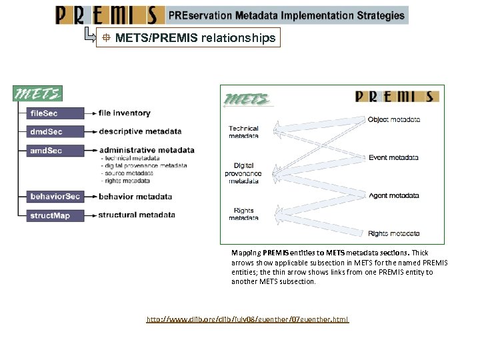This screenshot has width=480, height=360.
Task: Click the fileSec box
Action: (x=55, y=113)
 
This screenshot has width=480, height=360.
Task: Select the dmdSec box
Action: (x=55, y=131)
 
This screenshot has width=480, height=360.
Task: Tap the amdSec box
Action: (x=55, y=151)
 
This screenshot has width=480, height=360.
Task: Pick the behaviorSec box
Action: (x=55, y=197)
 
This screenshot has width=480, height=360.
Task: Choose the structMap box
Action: (x=55, y=215)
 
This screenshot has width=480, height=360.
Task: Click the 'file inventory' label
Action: (x=125, y=113)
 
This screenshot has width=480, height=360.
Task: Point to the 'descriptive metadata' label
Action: (x=140, y=131)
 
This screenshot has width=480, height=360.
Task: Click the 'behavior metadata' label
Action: (x=135, y=197)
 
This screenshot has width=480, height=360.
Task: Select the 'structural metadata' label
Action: (x=137, y=215)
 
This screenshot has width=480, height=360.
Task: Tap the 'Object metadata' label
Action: (x=394, y=120)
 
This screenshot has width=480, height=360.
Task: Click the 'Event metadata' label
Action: (x=394, y=158)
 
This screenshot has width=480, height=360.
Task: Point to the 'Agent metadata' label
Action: (x=394, y=196)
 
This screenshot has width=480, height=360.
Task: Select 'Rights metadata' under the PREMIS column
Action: (x=394, y=234)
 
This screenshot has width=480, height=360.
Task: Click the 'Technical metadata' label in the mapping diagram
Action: (x=243, y=132)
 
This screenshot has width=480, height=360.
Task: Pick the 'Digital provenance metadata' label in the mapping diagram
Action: (x=243, y=173)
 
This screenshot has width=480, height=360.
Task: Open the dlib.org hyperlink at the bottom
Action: (x=247, y=320)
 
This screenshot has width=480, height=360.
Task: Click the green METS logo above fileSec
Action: (x=39, y=94)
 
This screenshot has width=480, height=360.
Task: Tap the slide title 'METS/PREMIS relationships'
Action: (x=195, y=38)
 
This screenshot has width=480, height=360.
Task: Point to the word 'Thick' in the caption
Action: (x=420, y=253)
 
